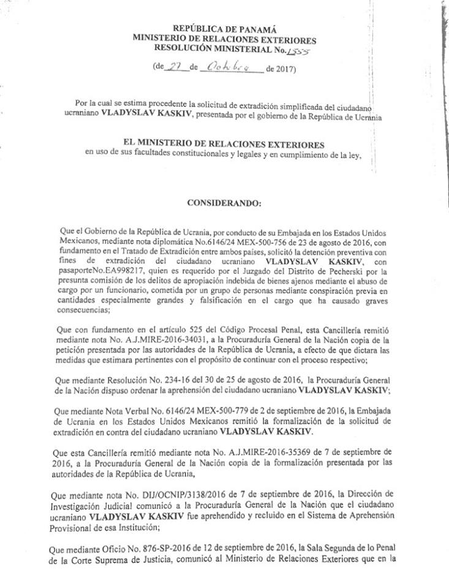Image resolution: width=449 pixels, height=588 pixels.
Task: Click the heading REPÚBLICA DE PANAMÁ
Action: click(x=225, y=28)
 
